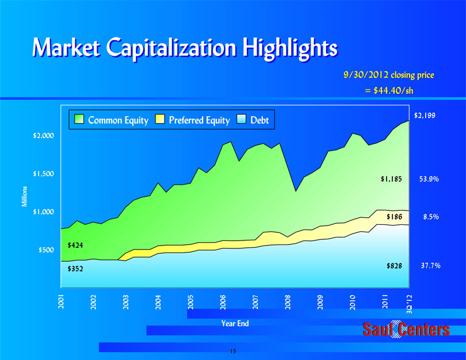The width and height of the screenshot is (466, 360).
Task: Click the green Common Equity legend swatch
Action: (x=79, y=120)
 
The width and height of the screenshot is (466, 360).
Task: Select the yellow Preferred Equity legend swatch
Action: (x=160, y=120)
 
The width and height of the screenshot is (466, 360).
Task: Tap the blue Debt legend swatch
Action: (x=242, y=120)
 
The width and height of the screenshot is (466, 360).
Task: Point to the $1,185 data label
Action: (x=391, y=179)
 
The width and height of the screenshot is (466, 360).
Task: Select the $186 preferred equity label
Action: (x=394, y=217)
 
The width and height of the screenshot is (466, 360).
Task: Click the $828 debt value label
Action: (x=394, y=266)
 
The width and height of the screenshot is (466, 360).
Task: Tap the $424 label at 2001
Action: (x=76, y=245)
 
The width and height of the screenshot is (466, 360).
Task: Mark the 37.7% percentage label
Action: (x=430, y=266)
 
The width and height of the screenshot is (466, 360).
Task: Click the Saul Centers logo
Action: (x=406, y=330)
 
